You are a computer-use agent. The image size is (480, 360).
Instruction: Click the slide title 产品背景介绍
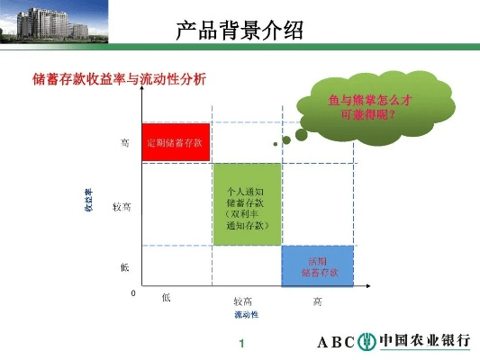tap(239, 31)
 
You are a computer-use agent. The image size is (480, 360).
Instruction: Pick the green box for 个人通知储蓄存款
tap(246, 203)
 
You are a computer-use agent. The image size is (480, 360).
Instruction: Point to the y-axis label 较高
tap(122, 207)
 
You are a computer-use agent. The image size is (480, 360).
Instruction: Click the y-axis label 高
tap(124, 142)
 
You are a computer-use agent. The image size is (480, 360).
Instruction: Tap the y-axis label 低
tap(124, 266)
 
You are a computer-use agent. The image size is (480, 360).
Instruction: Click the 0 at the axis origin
tap(132, 293)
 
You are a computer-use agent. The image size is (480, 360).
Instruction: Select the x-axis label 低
tap(167, 298)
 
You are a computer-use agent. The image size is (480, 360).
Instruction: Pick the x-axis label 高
tap(318, 301)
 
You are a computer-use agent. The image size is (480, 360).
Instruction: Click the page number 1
tap(241, 345)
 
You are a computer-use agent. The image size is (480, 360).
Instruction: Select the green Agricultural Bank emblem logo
tap(367, 342)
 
